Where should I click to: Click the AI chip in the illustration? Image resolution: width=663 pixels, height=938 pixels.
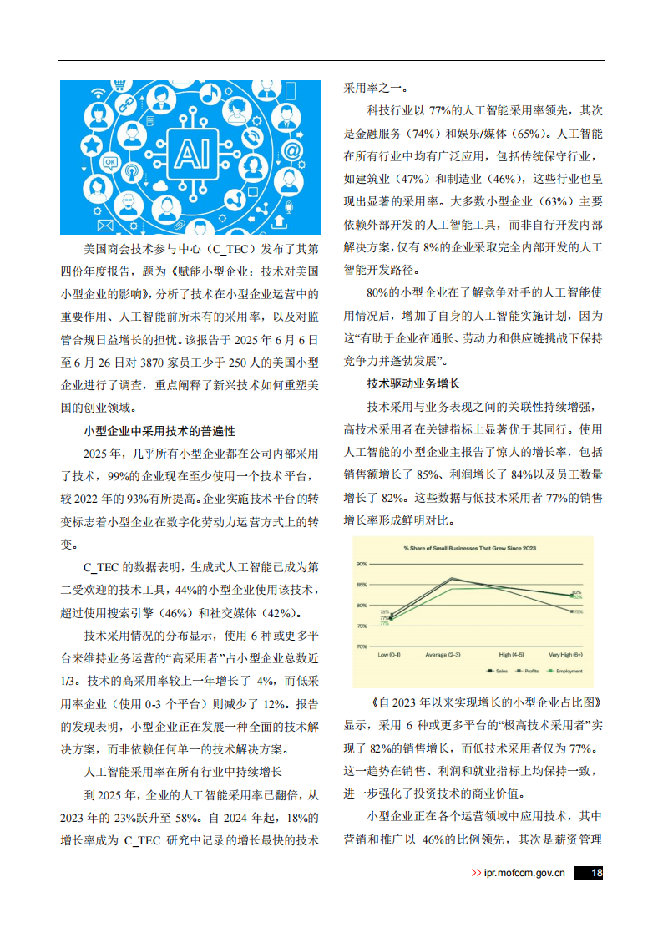(190, 155)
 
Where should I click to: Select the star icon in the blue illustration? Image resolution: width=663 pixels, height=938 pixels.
(90, 145)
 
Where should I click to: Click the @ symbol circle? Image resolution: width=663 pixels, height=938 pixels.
(291, 150)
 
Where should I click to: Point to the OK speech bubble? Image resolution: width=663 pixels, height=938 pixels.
(109, 162)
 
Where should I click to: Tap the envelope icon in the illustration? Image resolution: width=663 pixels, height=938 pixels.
(105, 226)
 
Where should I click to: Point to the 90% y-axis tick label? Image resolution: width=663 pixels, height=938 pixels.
(362, 565)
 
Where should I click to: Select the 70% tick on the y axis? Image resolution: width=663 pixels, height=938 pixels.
(362, 646)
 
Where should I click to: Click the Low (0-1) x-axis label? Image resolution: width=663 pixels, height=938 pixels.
(390, 656)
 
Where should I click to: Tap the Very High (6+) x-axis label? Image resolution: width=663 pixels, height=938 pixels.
(566, 656)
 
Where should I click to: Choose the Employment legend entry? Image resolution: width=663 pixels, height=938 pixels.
(565, 671)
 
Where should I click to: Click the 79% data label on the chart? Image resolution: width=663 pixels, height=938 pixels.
(577, 611)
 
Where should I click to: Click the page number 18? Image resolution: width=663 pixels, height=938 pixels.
(595, 874)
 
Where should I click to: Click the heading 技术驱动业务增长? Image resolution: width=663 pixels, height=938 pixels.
(413, 383)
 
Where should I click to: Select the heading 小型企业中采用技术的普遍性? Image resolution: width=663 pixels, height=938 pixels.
(159, 431)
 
